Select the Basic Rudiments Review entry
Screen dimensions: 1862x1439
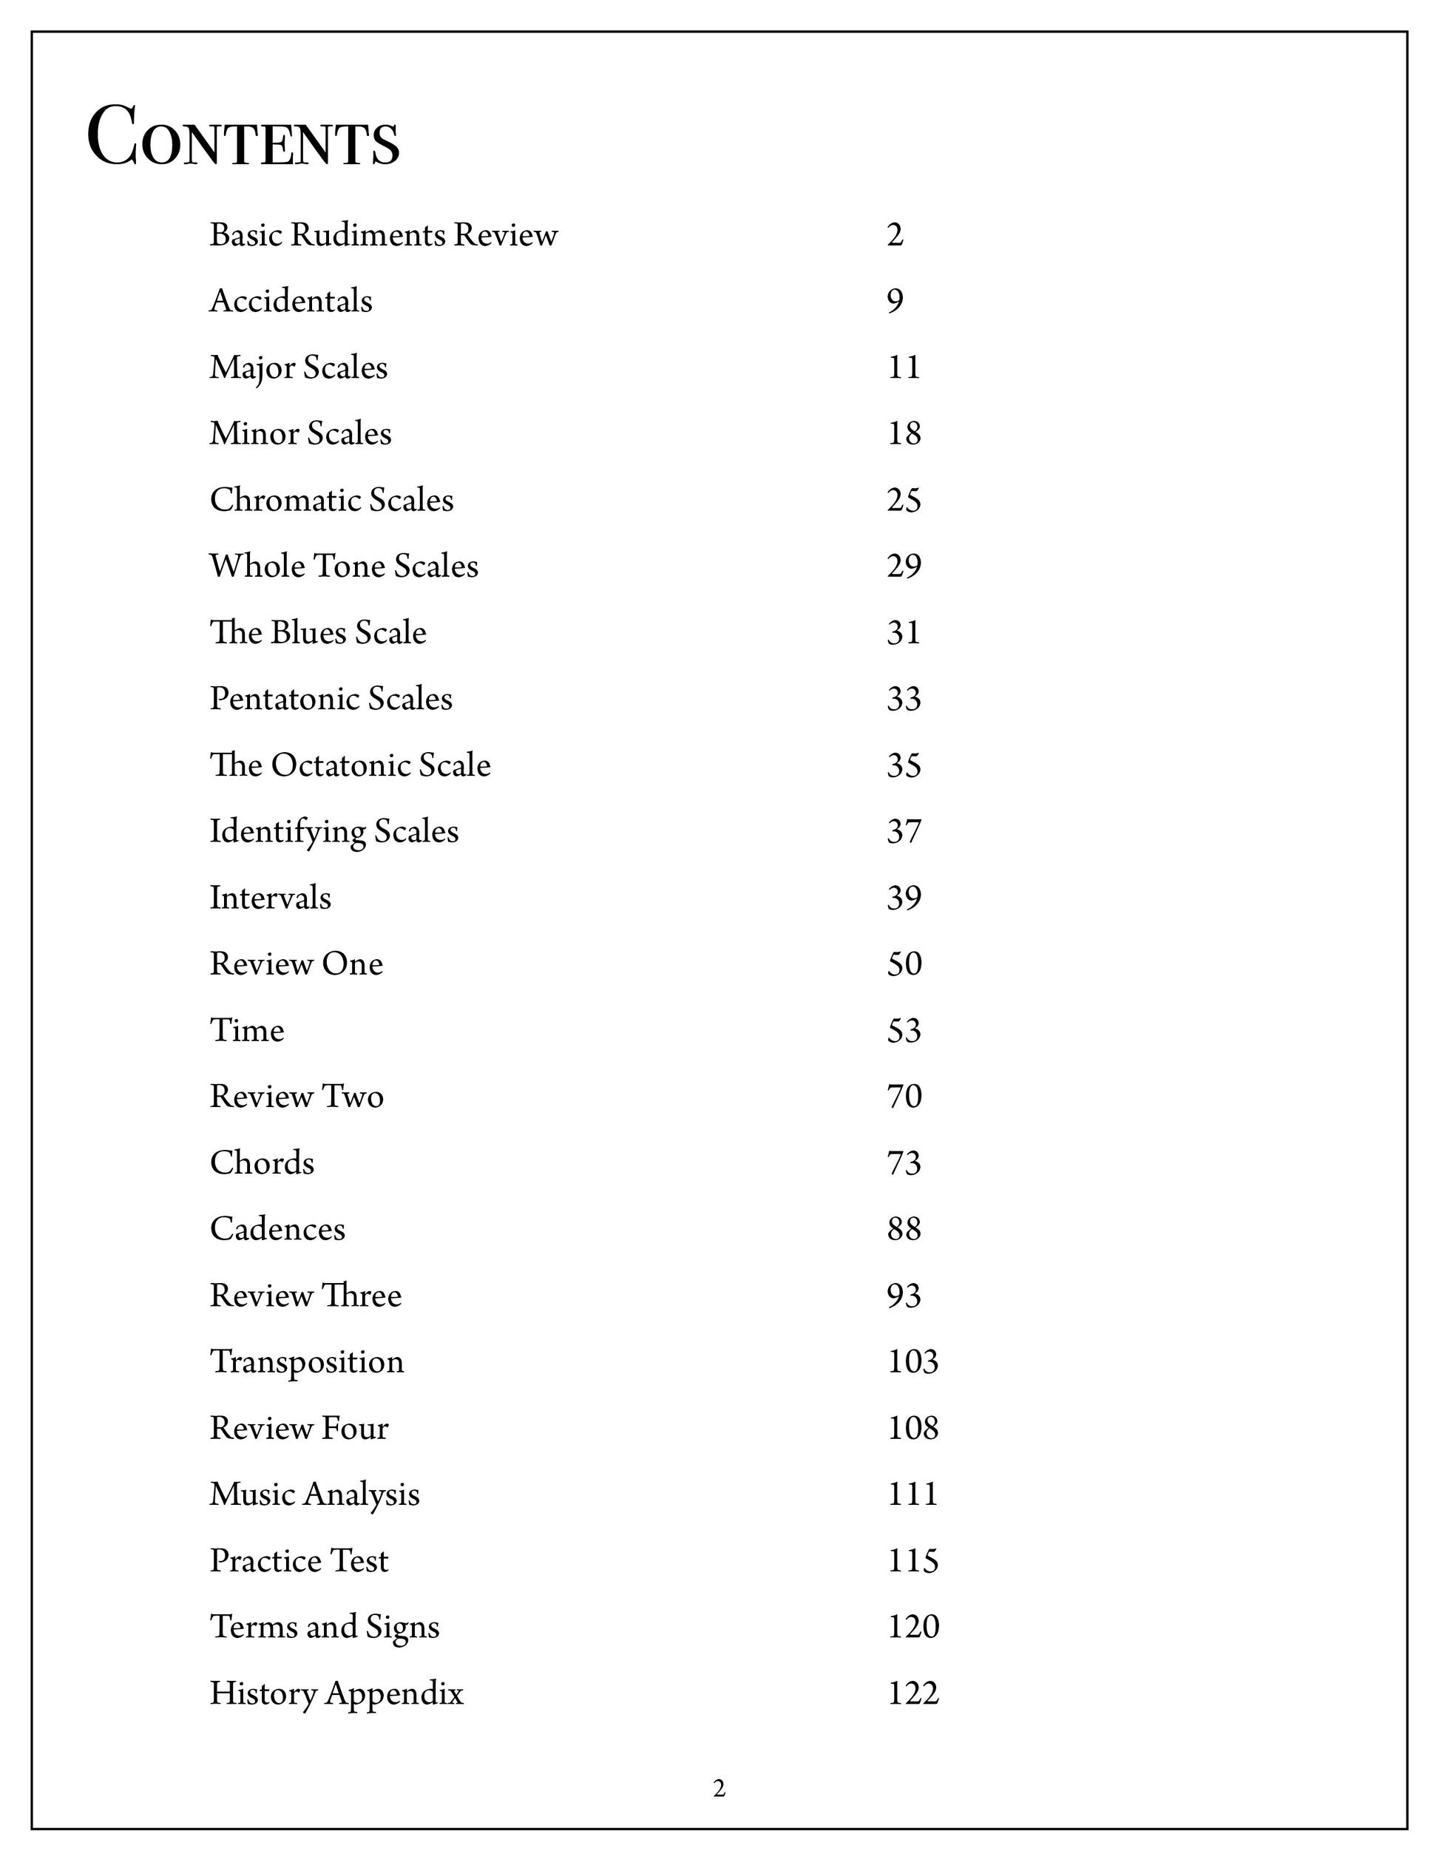pos(384,234)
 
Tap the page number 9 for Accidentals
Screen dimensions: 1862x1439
pos(894,301)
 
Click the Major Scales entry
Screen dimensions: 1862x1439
pos(298,368)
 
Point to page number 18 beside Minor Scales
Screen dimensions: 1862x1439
pos(904,434)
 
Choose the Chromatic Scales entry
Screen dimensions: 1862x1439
pos(331,501)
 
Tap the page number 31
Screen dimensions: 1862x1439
pos(904,632)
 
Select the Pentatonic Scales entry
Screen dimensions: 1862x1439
pos(331,699)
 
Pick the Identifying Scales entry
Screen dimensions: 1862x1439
pos(334,831)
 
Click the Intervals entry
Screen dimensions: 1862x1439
pos(270,898)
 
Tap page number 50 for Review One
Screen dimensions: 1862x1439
pos(904,964)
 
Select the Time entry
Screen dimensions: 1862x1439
pos(247,1031)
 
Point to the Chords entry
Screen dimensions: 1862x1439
pos(262,1163)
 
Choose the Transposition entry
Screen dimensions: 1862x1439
pos(307,1361)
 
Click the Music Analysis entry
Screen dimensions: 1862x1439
pos(314,1494)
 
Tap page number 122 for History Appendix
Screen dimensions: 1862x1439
pos(913,1693)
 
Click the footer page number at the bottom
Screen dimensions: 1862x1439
pos(719,1789)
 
